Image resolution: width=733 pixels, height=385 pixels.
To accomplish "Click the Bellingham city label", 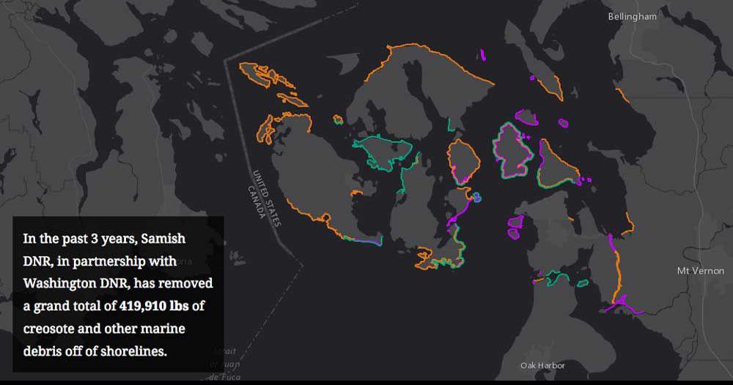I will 632,16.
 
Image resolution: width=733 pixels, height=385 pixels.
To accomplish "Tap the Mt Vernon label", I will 700,271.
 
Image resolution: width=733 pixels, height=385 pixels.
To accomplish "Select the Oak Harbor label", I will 542,365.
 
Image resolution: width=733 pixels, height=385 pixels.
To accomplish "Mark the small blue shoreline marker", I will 476,197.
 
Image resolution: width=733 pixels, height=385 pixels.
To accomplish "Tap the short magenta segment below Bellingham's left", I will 482,54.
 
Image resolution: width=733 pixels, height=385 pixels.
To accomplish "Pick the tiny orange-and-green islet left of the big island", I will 338,119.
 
